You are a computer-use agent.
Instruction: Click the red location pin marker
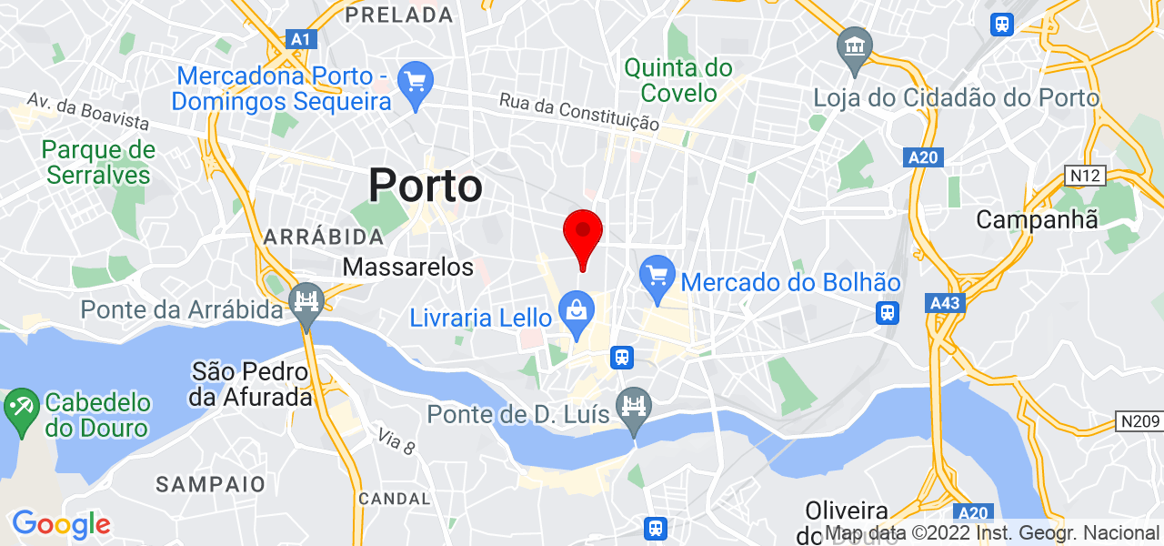click(x=583, y=234)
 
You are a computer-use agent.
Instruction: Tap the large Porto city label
click(x=426, y=187)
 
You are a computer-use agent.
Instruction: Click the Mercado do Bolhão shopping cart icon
click(x=656, y=273)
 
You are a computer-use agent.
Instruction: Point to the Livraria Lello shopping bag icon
click(x=577, y=309)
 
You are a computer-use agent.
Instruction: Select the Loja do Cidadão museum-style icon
click(x=855, y=45)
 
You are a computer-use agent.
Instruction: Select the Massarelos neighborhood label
click(x=408, y=268)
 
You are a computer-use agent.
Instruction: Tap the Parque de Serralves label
click(x=97, y=162)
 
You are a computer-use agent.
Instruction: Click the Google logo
click(x=61, y=524)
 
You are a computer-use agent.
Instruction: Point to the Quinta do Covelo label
click(x=677, y=80)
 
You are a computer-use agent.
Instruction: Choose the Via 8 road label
click(x=396, y=443)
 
